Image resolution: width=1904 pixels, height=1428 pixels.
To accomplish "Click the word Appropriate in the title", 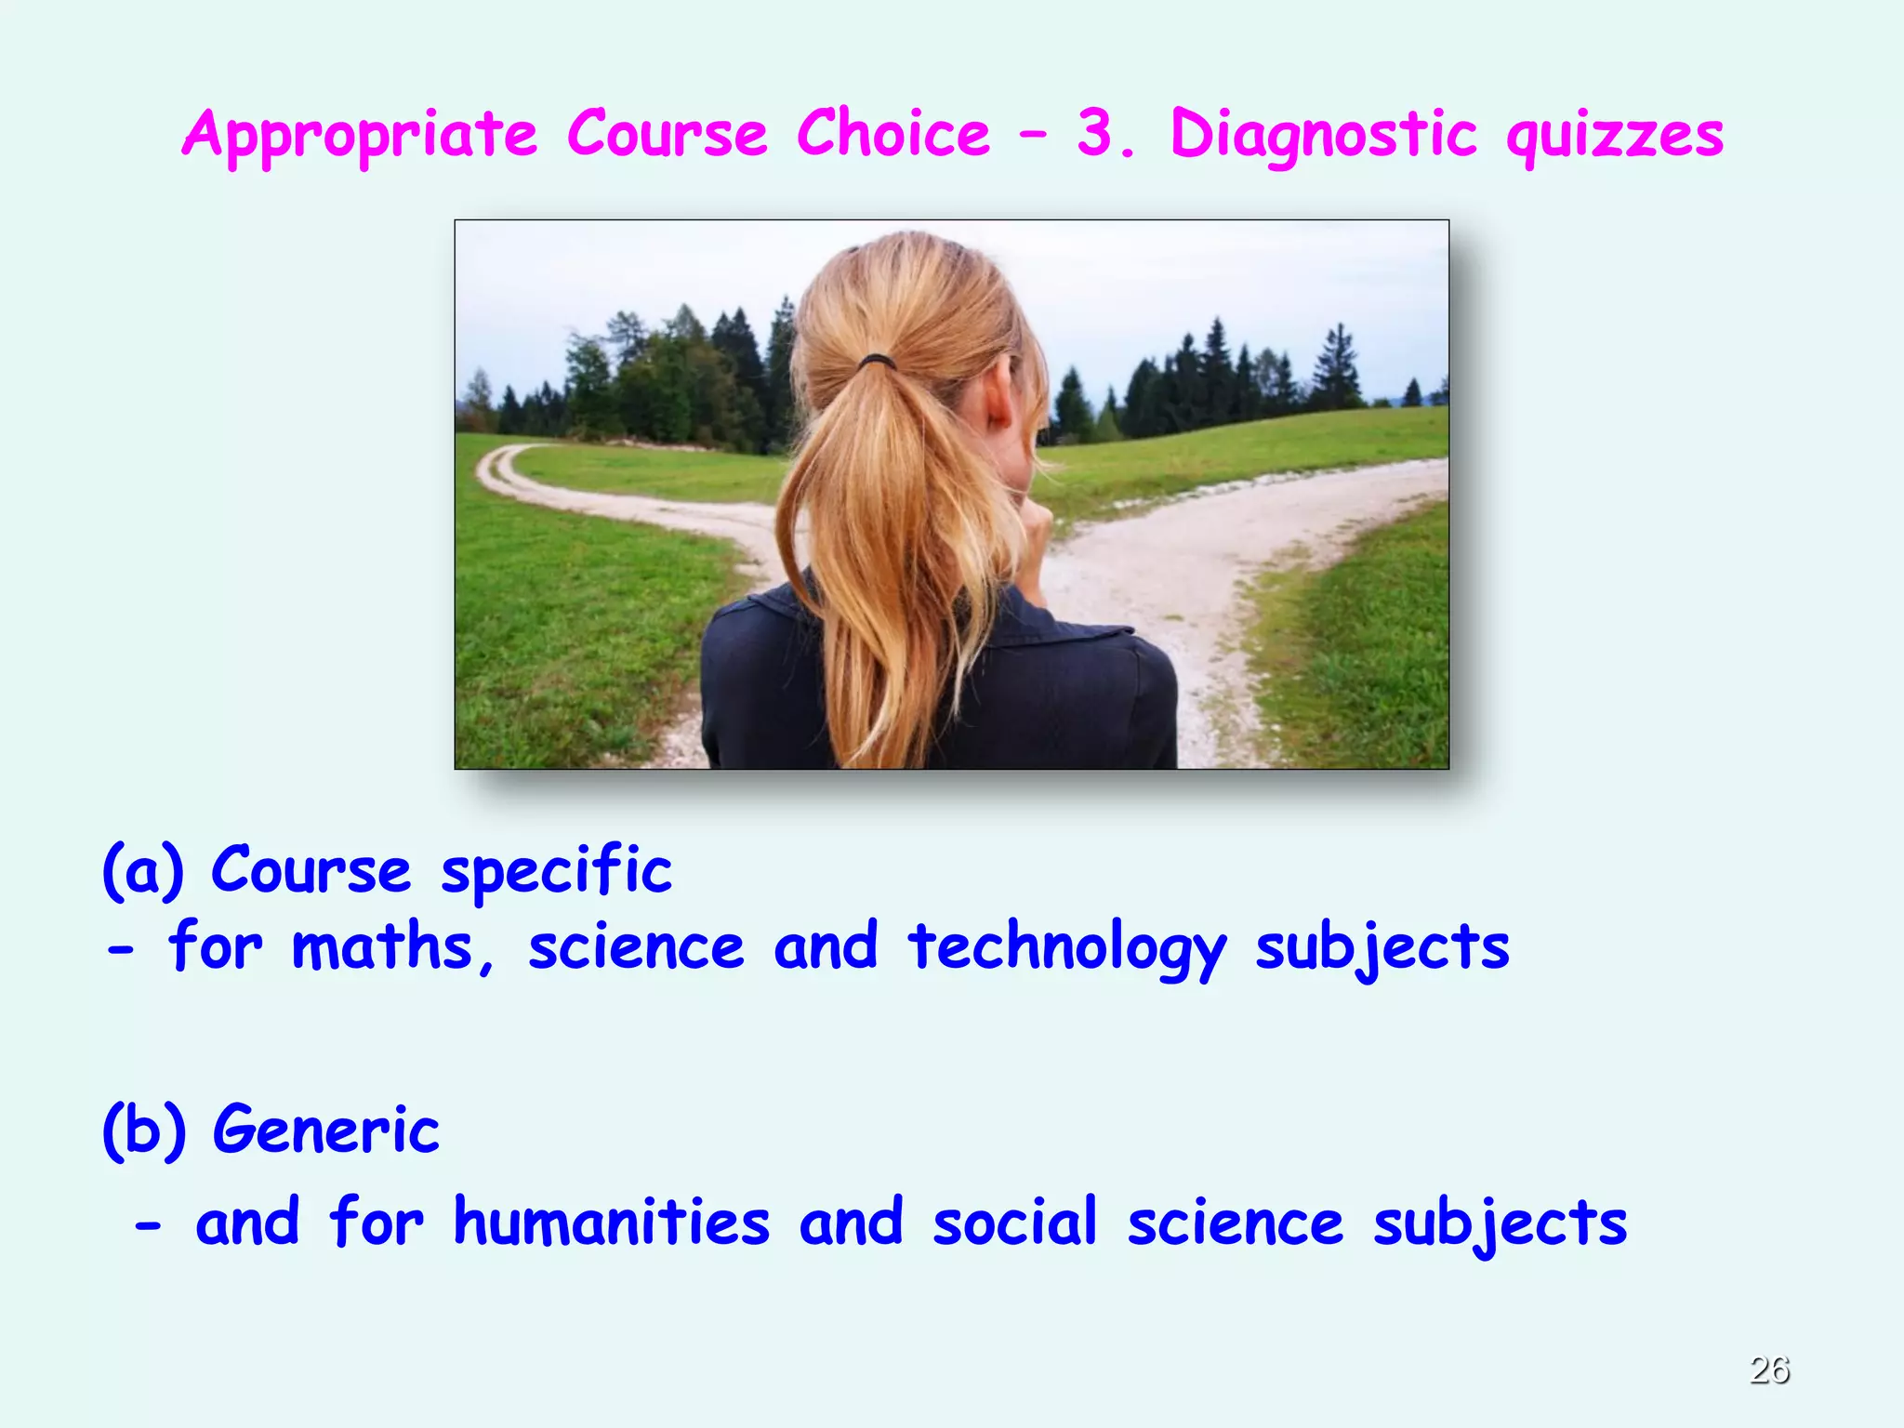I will pos(360,136).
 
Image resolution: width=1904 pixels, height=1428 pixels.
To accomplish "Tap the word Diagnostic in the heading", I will pos(1323,136).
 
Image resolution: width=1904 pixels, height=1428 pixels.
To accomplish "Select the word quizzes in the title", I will pos(1615,136).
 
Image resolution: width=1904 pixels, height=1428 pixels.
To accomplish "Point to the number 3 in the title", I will pos(1095,134).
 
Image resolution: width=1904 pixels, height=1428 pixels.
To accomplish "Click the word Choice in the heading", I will pos(893,134).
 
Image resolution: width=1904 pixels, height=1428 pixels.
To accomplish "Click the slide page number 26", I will pos(1769,1369).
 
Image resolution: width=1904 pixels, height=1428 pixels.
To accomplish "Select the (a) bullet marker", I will pos(143,871).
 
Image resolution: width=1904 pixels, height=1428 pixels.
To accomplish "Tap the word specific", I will pos(556,871).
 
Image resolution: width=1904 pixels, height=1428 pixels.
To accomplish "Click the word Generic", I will pos(325,1130).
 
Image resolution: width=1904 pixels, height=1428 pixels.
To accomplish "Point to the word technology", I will pos(1067,949).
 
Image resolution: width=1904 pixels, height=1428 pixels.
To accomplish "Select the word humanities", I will pos(611,1222).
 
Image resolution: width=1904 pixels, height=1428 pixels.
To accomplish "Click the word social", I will pos(1015,1222).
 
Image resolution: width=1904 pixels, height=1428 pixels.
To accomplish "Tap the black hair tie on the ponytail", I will pos(876,361).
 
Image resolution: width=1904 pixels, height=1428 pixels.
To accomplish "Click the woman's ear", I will pos(1000,398).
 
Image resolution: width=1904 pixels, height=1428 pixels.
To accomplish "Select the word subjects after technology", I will pos(1382,949).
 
